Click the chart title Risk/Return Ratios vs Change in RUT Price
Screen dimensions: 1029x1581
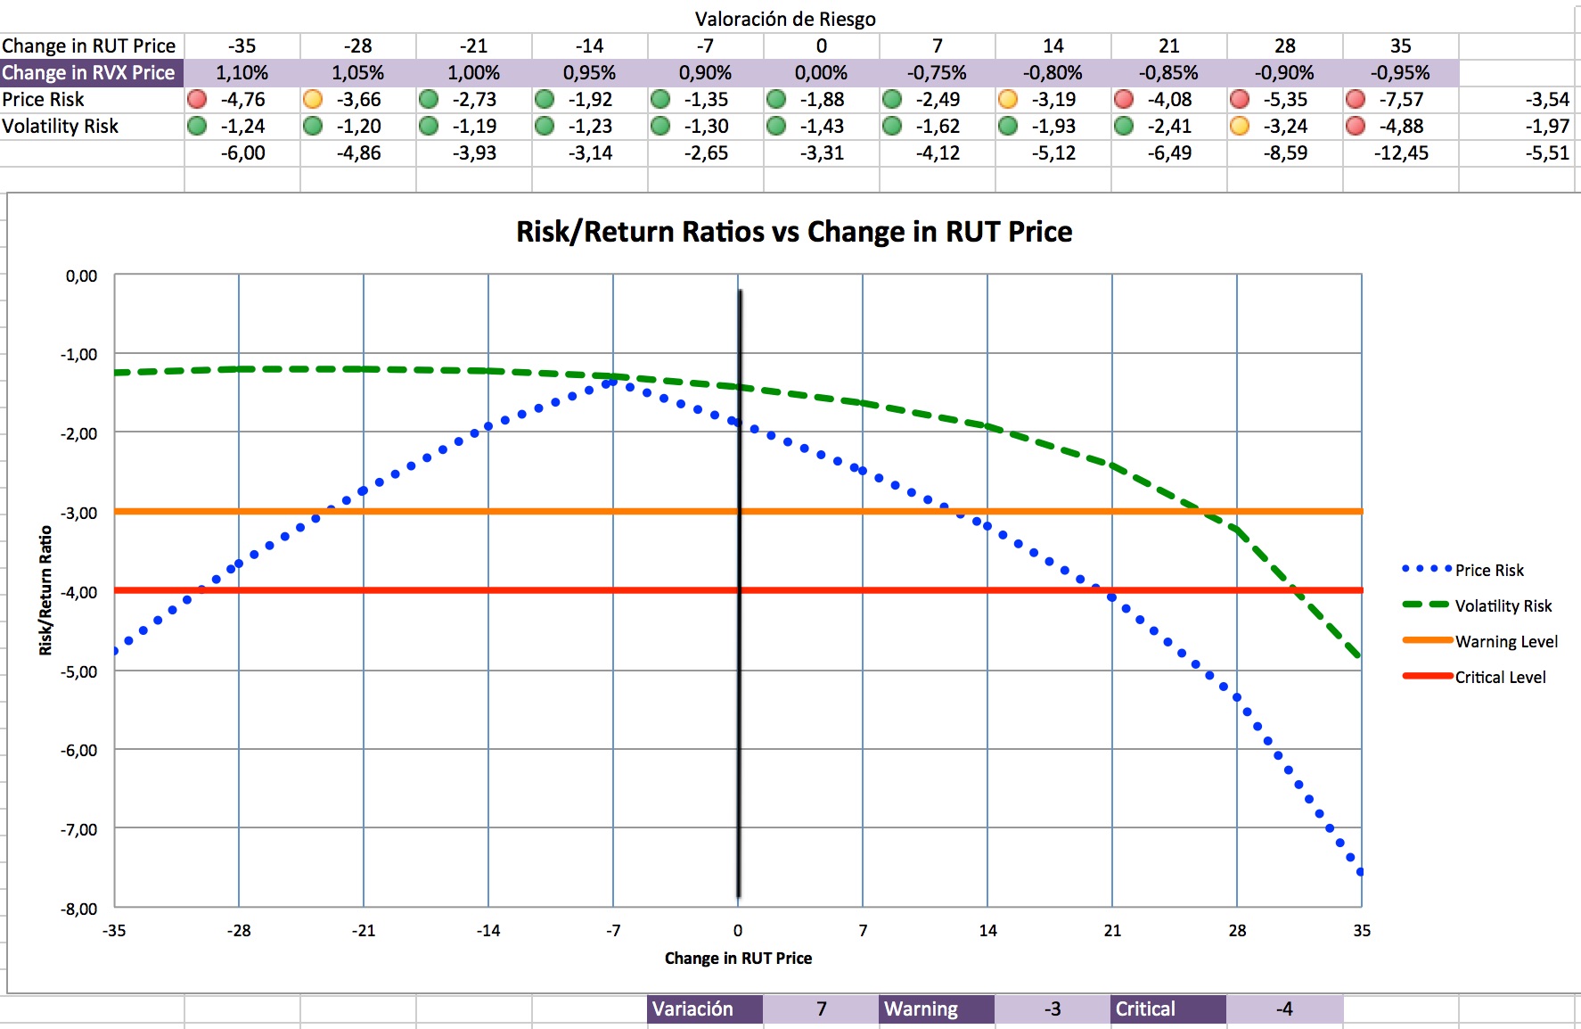pos(794,232)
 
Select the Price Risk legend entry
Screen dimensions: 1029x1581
pos(1488,570)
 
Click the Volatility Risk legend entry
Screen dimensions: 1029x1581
pos(1503,605)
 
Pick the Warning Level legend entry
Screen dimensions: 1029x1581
pos(1506,641)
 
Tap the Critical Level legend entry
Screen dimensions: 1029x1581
pos(1500,677)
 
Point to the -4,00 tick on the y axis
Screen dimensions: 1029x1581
pos(79,592)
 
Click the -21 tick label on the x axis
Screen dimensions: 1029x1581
pos(363,930)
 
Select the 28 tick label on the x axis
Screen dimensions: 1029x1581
pos(1237,930)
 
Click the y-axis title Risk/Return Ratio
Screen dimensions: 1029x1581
pos(45,590)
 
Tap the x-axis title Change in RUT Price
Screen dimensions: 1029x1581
pos(738,958)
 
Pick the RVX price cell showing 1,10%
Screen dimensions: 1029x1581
pos(242,72)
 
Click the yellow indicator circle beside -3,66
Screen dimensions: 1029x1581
pos(313,99)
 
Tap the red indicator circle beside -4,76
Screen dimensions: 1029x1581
pos(197,99)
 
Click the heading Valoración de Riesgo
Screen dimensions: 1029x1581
pos(785,19)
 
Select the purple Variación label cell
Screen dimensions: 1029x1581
pos(704,1008)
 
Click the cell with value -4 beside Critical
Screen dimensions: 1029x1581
pos(1283,1008)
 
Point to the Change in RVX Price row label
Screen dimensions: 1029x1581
pos(89,72)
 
